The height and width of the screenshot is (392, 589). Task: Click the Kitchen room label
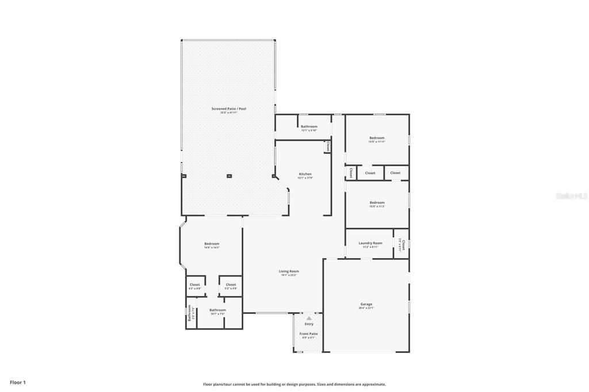pyautogui.click(x=305, y=174)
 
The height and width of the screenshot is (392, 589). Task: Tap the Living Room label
pyautogui.click(x=289, y=271)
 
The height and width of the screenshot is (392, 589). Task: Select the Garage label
pyautogui.click(x=366, y=304)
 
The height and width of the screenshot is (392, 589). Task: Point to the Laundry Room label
pyautogui.click(x=370, y=243)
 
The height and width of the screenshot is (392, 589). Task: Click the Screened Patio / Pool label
pyautogui.click(x=228, y=109)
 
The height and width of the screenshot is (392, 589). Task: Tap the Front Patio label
pyautogui.click(x=308, y=333)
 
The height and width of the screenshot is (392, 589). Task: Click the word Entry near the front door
pyautogui.click(x=309, y=324)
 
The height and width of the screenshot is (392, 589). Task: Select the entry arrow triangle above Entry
pyautogui.click(x=309, y=318)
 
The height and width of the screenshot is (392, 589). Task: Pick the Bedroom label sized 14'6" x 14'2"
pyautogui.click(x=212, y=244)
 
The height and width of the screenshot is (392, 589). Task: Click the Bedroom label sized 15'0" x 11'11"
pyautogui.click(x=377, y=138)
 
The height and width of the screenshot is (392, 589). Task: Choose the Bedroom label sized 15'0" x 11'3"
pyautogui.click(x=377, y=202)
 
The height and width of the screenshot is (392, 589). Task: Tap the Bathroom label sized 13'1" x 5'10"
pyautogui.click(x=309, y=126)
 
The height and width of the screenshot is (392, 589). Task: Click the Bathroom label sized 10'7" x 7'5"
pyautogui.click(x=217, y=310)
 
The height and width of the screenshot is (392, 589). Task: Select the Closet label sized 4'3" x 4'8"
pyautogui.click(x=195, y=285)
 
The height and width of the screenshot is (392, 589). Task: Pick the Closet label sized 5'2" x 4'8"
pyautogui.click(x=231, y=285)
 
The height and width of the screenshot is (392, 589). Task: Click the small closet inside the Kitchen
pyautogui.click(x=327, y=147)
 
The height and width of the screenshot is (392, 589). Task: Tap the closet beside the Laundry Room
pyautogui.click(x=403, y=245)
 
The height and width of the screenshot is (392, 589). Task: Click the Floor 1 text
pyautogui.click(x=18, y=382)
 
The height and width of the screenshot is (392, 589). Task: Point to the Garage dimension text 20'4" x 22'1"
pyautogui.click(x=366, y=308)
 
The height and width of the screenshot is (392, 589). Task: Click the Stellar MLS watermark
pyautogui.click(x=571, y=196)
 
